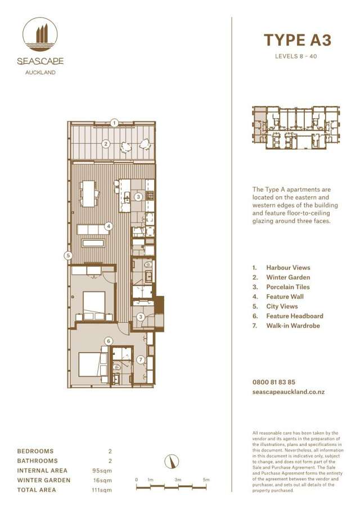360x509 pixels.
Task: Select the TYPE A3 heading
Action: tap(298, 40)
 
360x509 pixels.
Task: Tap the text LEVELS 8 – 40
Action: tap(298, 56)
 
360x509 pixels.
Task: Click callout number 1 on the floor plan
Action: tap(114, 123)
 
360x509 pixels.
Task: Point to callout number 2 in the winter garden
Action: tap(105, 144)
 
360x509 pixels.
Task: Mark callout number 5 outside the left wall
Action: tap(68, 255)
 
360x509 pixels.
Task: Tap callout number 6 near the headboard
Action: tap(109, 340)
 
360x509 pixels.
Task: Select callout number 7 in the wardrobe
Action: tap(141, 359)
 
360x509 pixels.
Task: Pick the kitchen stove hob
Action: tap(150, 196)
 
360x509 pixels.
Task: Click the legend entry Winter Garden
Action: tap(288, 277)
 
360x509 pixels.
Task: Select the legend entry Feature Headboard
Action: tap(295, 316)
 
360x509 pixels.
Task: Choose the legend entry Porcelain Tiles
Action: tap(288, 287)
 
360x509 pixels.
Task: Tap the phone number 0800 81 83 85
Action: tap(274, 382)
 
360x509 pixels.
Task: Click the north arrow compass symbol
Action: tap(168, 462)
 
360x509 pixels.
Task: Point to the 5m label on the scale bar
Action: tap(206, 479)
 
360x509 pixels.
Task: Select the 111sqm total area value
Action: tap(102, 490)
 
